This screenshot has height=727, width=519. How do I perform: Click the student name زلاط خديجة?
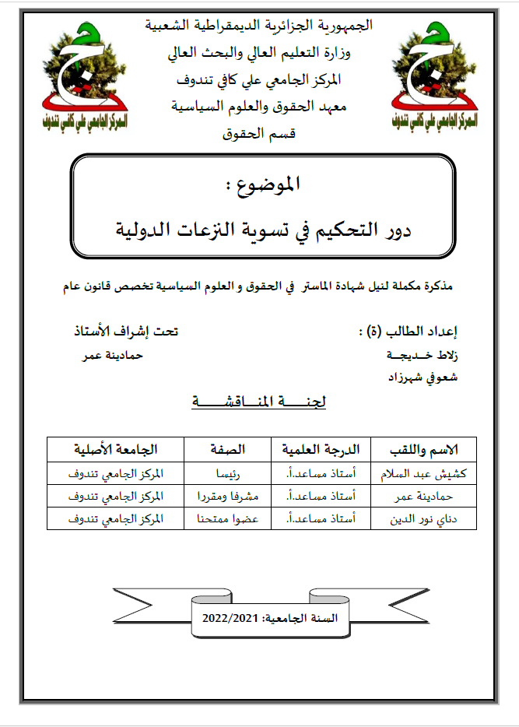422,355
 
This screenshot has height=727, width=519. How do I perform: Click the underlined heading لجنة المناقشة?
259,402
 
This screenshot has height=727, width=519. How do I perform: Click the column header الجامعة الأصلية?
116,450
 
